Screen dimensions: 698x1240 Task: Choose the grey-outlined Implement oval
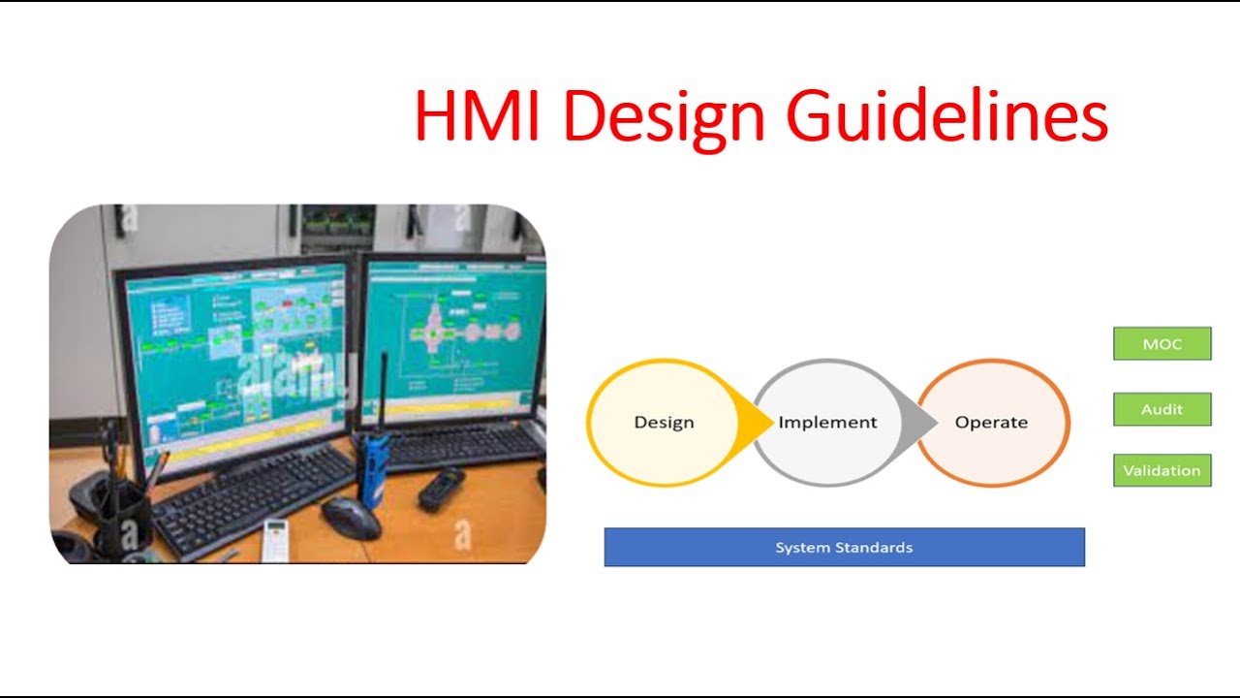[x=827, y=423]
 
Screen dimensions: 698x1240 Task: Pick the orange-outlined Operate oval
[x=992, y=423]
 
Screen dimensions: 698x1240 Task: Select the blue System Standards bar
[x=844, y=548]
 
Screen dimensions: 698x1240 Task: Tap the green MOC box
[x=1162, y=344]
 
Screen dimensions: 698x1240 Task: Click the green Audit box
[x=1162, y=409]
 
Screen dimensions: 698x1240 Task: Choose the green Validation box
[x=1162, y=470]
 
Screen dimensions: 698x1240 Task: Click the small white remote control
[x=275, y=539]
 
